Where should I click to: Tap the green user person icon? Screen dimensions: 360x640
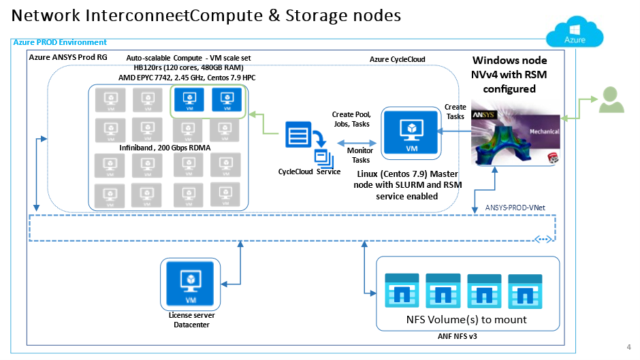pos(611,101)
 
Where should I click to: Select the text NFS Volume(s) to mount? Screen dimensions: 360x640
pos(467,319)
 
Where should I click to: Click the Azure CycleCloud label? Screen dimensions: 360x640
pos(397,60)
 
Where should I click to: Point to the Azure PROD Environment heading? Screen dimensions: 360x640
pos(60,43)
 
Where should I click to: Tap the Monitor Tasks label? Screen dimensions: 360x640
pos(359,155)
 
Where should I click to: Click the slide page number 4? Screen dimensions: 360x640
pos(628,346)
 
